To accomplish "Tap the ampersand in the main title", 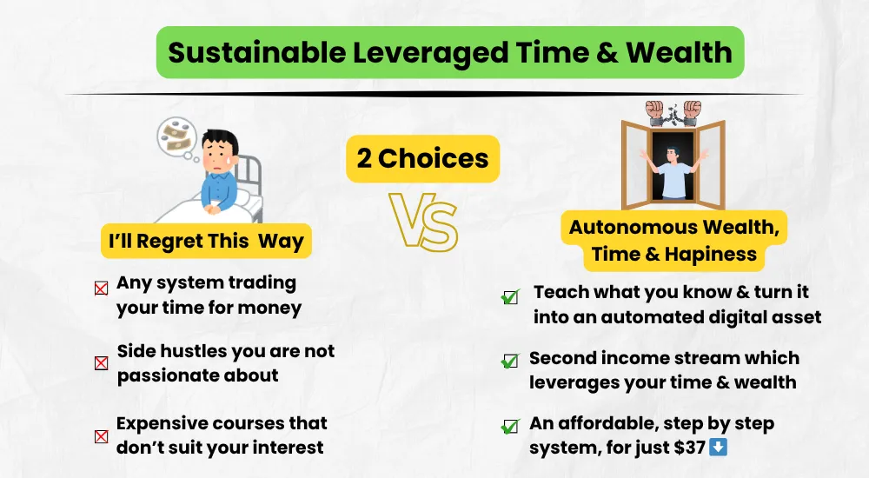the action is (x=608, y=52).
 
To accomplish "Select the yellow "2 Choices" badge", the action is (x=423, y=158).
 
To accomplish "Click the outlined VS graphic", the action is (x=424, y=221).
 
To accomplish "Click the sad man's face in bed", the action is (x=218, y=156).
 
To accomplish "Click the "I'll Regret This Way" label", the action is (x=206, y=242).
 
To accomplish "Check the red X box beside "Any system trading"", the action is (x=102, y=289).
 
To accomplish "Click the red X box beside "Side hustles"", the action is (x=102, y=363).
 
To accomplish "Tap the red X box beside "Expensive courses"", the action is (x=102, y=436).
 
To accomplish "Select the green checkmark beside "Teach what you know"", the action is (x=510, y=296).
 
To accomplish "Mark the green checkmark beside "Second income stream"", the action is (x=510, y=361).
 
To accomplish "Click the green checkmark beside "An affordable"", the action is (x=510, y=427).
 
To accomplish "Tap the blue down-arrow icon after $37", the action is (x=719, y=447).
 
